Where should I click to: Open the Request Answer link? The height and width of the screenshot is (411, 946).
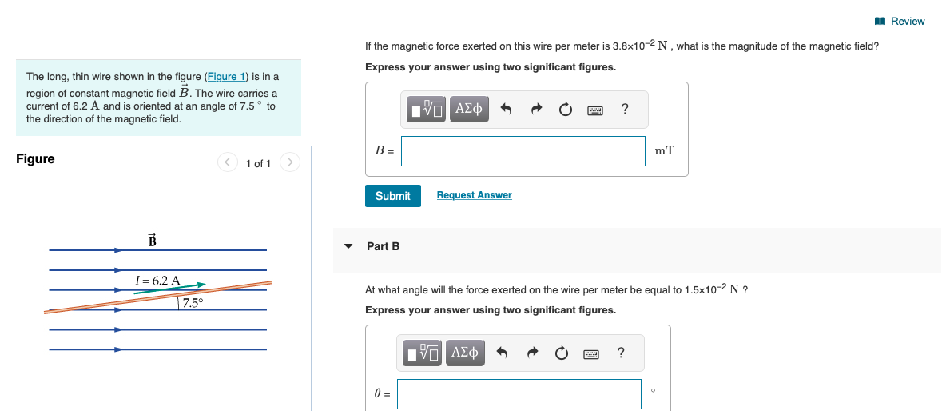474,195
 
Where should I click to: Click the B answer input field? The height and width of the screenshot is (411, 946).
523,151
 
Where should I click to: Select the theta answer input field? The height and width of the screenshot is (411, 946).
519,393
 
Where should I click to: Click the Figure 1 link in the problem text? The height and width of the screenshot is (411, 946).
225,77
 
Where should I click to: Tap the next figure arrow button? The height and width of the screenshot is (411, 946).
291,163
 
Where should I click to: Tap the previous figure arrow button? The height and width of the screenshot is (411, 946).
228,163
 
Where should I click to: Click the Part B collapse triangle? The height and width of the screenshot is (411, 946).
348,246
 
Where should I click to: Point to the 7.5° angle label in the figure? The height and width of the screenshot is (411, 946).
192,302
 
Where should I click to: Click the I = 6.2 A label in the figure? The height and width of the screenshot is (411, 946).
157,281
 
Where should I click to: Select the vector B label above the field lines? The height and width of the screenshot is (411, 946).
152,240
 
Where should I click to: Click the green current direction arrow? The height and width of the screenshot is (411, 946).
169,288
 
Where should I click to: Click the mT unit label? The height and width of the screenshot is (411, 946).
664,150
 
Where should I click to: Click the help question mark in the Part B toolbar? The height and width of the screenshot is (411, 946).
621,353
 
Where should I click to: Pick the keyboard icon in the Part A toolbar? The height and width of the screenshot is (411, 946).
594,110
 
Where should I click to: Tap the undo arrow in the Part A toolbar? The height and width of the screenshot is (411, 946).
506,110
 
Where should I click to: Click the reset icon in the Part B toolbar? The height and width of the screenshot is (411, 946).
563,353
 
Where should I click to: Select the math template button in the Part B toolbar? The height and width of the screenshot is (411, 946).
423,353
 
